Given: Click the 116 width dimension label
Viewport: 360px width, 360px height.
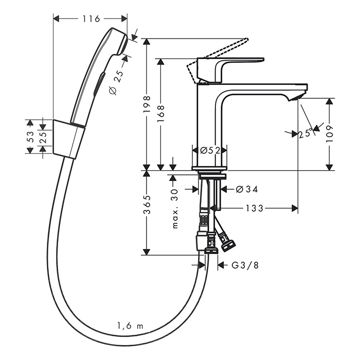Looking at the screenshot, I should [91, 19].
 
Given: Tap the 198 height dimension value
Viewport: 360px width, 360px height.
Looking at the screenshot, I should [148, 102].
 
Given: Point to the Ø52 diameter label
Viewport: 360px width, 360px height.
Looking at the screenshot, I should [210, 150].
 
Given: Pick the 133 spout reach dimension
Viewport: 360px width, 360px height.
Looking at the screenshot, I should [254, 208].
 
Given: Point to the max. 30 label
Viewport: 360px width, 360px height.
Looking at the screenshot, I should [174, 208].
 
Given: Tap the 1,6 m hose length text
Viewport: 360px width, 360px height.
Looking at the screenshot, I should [129, 325].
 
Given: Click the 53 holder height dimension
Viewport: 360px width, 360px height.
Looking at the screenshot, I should [31, 136].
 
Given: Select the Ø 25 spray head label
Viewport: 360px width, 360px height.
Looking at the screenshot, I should [116, 82].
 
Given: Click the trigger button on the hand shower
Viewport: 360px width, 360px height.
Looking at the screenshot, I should [99, 82].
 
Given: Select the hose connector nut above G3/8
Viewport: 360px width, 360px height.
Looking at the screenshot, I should [210, 249].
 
